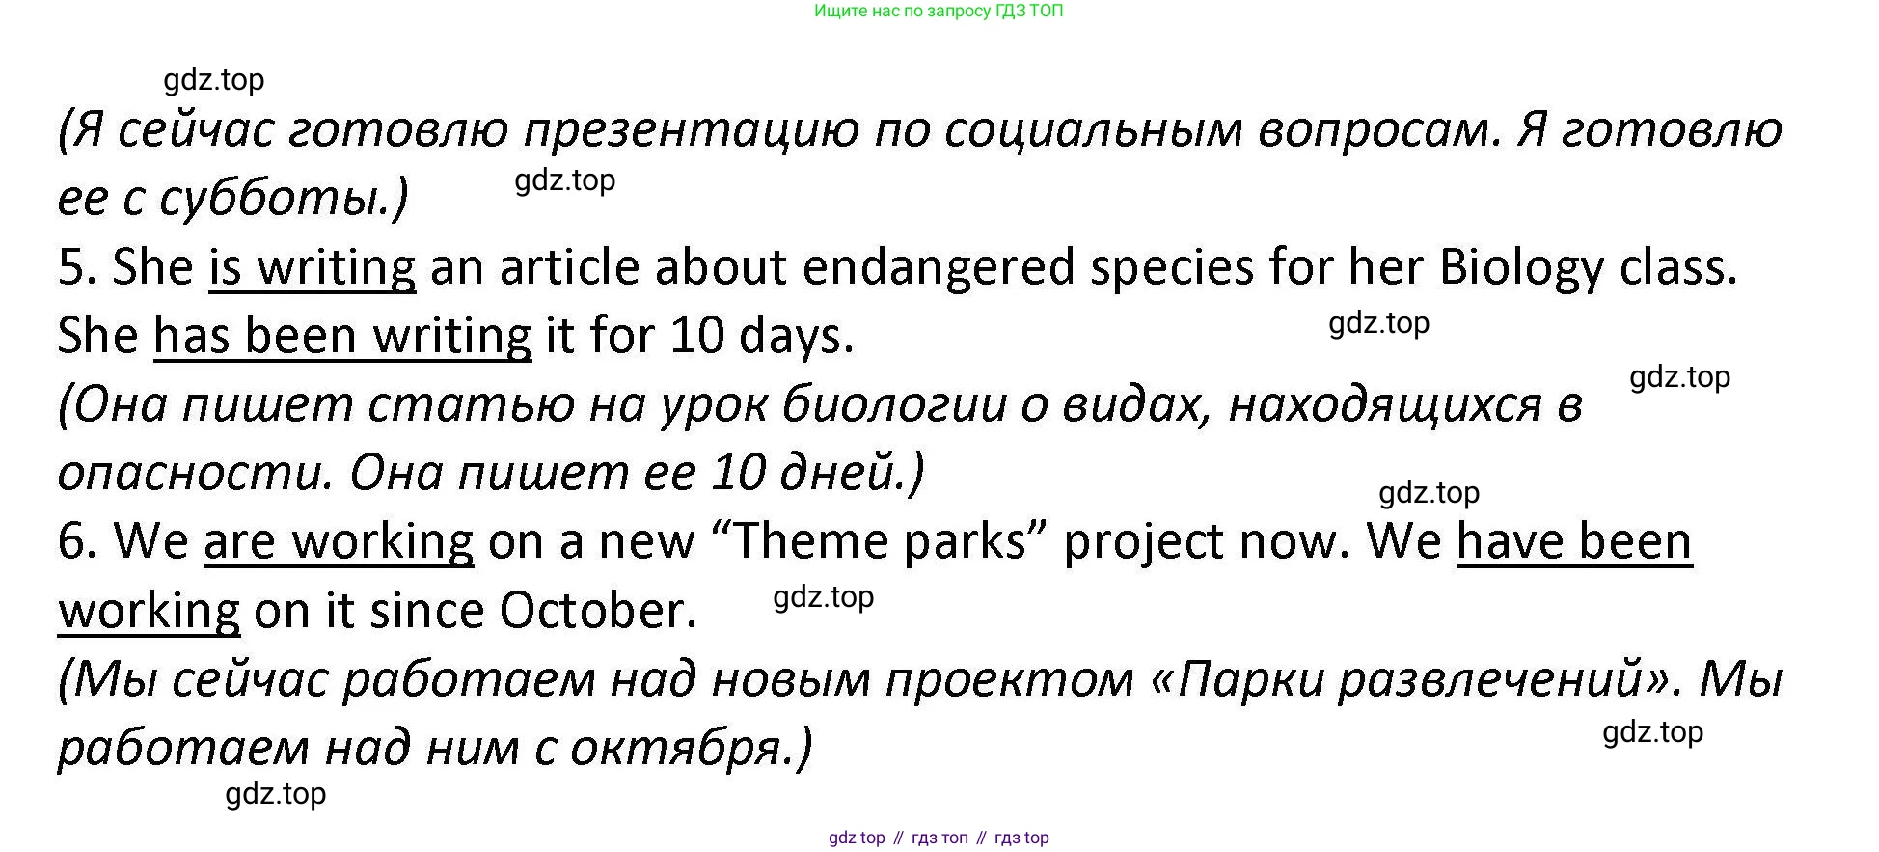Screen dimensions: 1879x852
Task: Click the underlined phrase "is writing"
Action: (x=313, y=267)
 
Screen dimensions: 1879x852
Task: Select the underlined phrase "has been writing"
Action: (x=342, y=337)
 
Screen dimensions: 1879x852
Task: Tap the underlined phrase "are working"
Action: (x=339, y=541)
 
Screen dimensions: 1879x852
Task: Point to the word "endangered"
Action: (x=939, y=267)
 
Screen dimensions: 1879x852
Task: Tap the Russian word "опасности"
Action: (x=189, y=474)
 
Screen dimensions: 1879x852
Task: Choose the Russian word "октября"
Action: (x=675, y=750)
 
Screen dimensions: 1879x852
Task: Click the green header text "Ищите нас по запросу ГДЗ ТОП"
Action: (x=939, y=12)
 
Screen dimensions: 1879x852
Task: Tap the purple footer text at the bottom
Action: (x=939, y=838)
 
